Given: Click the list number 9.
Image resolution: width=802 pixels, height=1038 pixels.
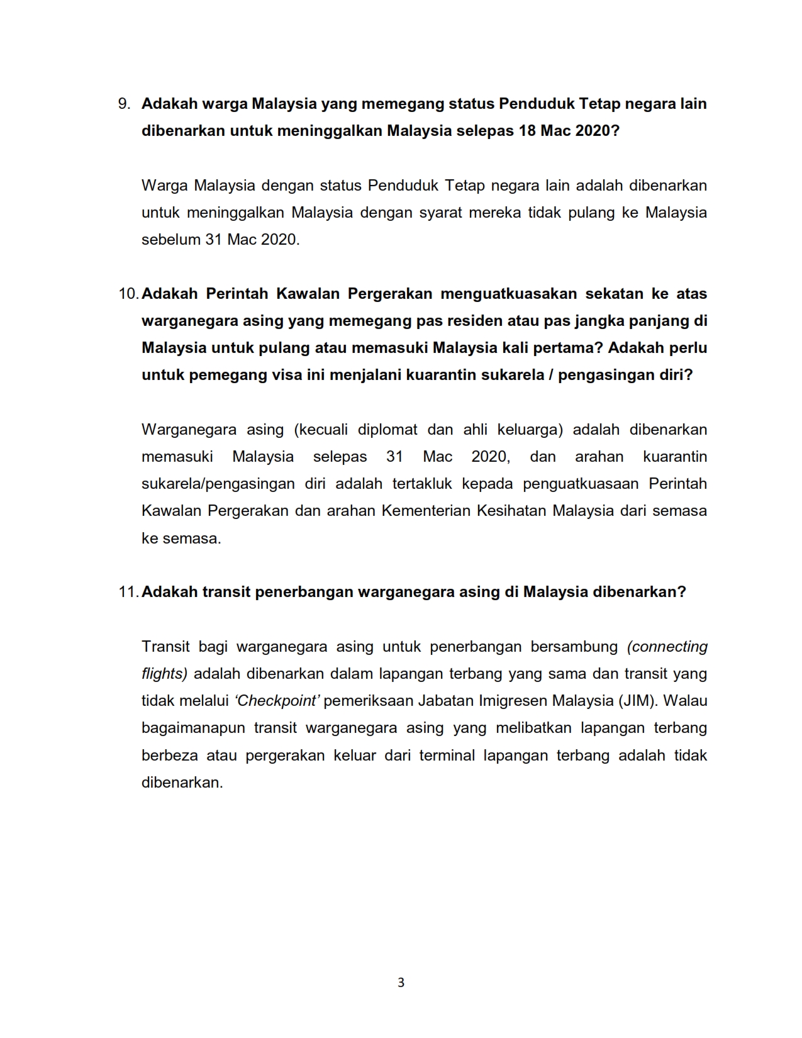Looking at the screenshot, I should [124, 104].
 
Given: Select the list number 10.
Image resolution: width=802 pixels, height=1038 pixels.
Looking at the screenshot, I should [128, 294].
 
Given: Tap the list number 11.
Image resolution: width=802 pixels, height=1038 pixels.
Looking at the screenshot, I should [128, 592].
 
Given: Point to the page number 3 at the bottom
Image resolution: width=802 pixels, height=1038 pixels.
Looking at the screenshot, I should [401, 982].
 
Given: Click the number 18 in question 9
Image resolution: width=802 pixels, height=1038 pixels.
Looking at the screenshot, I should [527, 131].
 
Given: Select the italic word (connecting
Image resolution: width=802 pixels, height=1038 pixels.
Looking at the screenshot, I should [667, 647].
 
